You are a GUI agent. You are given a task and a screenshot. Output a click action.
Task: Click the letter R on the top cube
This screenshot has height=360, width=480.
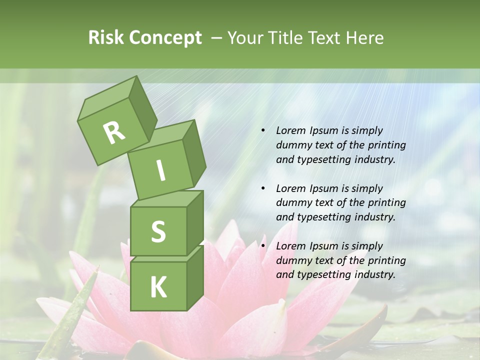(x=114, y=132)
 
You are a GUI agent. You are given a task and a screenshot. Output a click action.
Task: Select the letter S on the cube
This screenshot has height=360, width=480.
(x=158, y=231)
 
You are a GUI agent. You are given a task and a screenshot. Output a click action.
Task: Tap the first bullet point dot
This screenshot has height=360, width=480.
(x=263, y=130)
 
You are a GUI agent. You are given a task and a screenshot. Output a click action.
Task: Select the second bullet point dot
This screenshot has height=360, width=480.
(x=263, y=188)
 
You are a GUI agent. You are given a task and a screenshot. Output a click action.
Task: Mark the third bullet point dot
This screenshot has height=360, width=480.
(x=263, y=246)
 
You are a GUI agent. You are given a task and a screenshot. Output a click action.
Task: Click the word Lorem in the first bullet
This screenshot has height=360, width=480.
(x=290, y=130)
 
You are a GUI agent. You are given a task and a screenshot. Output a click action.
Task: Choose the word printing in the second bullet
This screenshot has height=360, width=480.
(x=386, y=202)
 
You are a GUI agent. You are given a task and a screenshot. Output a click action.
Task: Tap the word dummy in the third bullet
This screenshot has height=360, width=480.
(x=293, y=260)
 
